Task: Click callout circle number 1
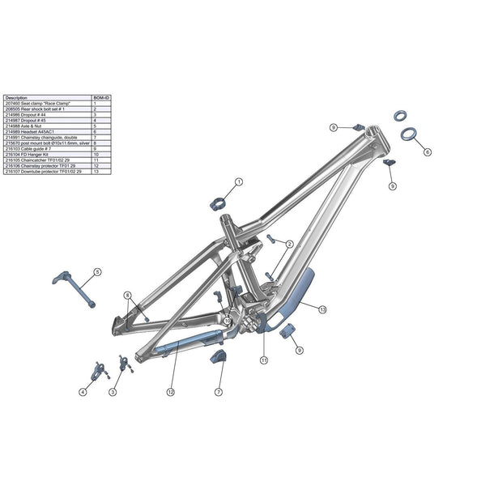pyautogui.click(x=239, y=184)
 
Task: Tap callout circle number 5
pyautogui.click(x=97, y=271)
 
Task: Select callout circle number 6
pyautogui.click(x=427, y=151)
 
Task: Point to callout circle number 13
pyautogui.click(x=322, y=309)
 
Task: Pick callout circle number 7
pyautogui.click(x=219, y=391)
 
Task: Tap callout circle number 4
pyautogui.click(x=83, y=392)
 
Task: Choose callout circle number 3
pyautogui.click(x=113, y=392)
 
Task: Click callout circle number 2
pyautogui.click(x=289, y=244)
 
